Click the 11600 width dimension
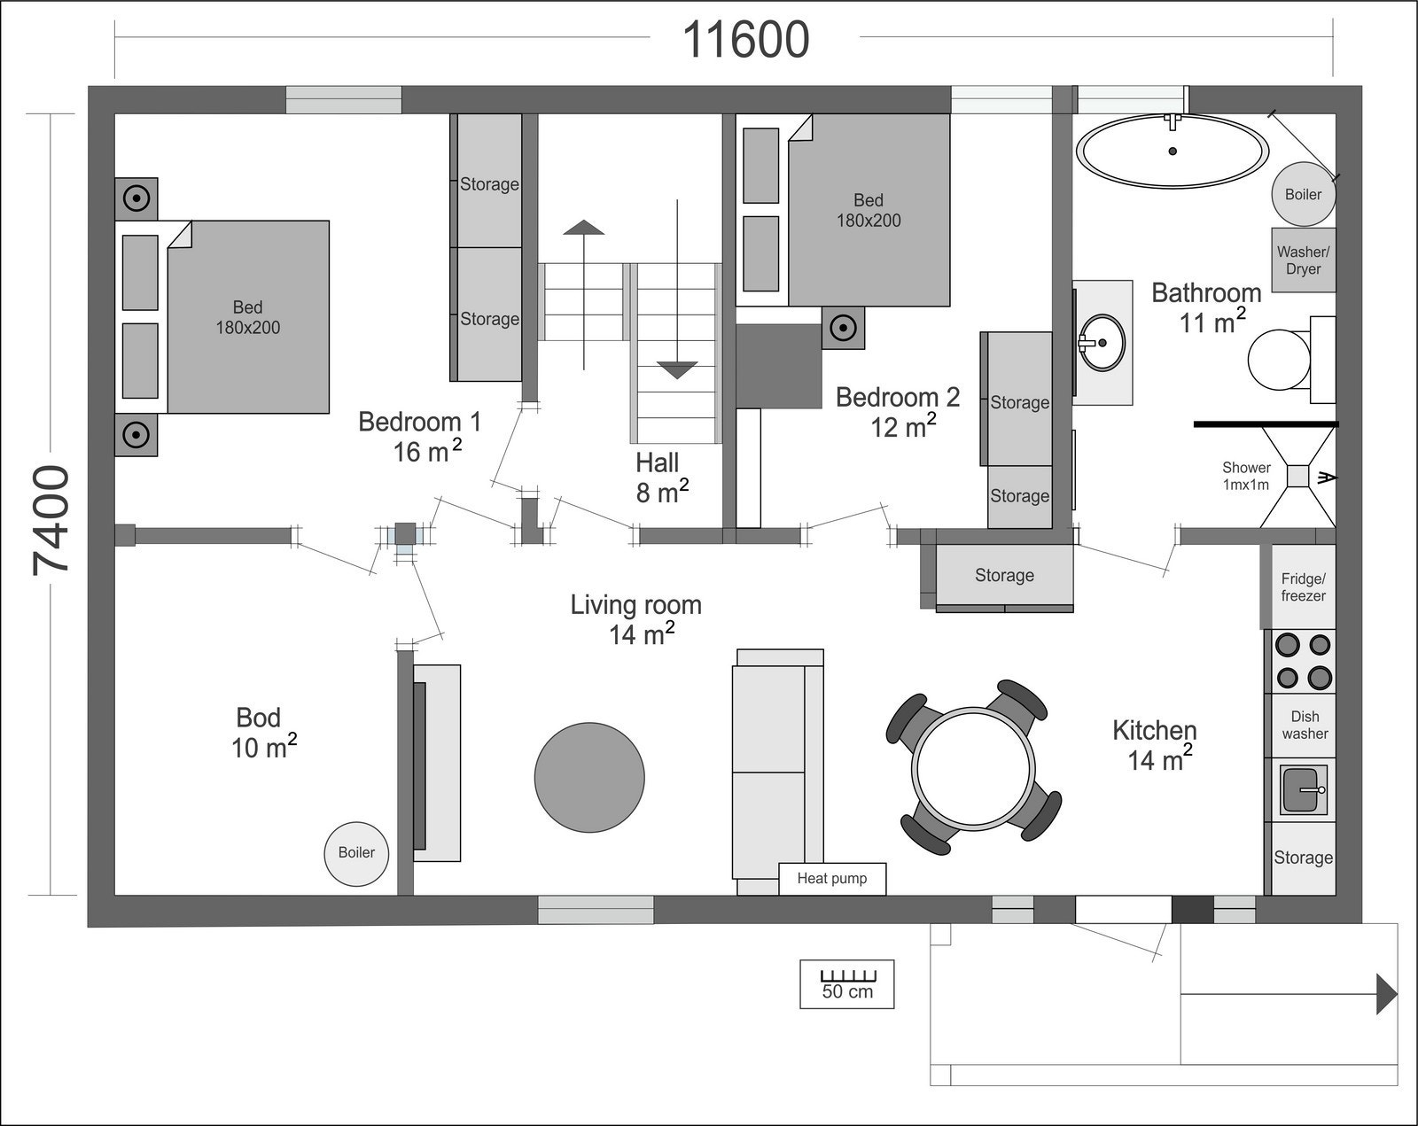[x=745, y=40]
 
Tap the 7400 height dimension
[x=51, y=520]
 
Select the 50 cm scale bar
[x=847, y=984]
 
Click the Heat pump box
[x=832, y=878]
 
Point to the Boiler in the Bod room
[x=356, y=853]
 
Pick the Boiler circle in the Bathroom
[x=1303, y=194]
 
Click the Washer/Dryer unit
[x=1304, y=260]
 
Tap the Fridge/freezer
[x=1304, y=586]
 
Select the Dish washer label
[x=1305, y=725]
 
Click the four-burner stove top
[x=1304, y=661]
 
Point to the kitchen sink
[x=1304, y=789]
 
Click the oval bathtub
[x=1173, y=151]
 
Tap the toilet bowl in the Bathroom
[x=1279, y=360]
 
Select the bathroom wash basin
[x=1101, y=343]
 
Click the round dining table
[x=973, y=768]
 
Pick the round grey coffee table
[x=589, y=778]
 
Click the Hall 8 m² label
[x=661, y=478]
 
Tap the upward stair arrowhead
[x=584, y=228]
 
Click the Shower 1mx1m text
[x=1246, y=477]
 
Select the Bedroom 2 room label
[x=898, y=412]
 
